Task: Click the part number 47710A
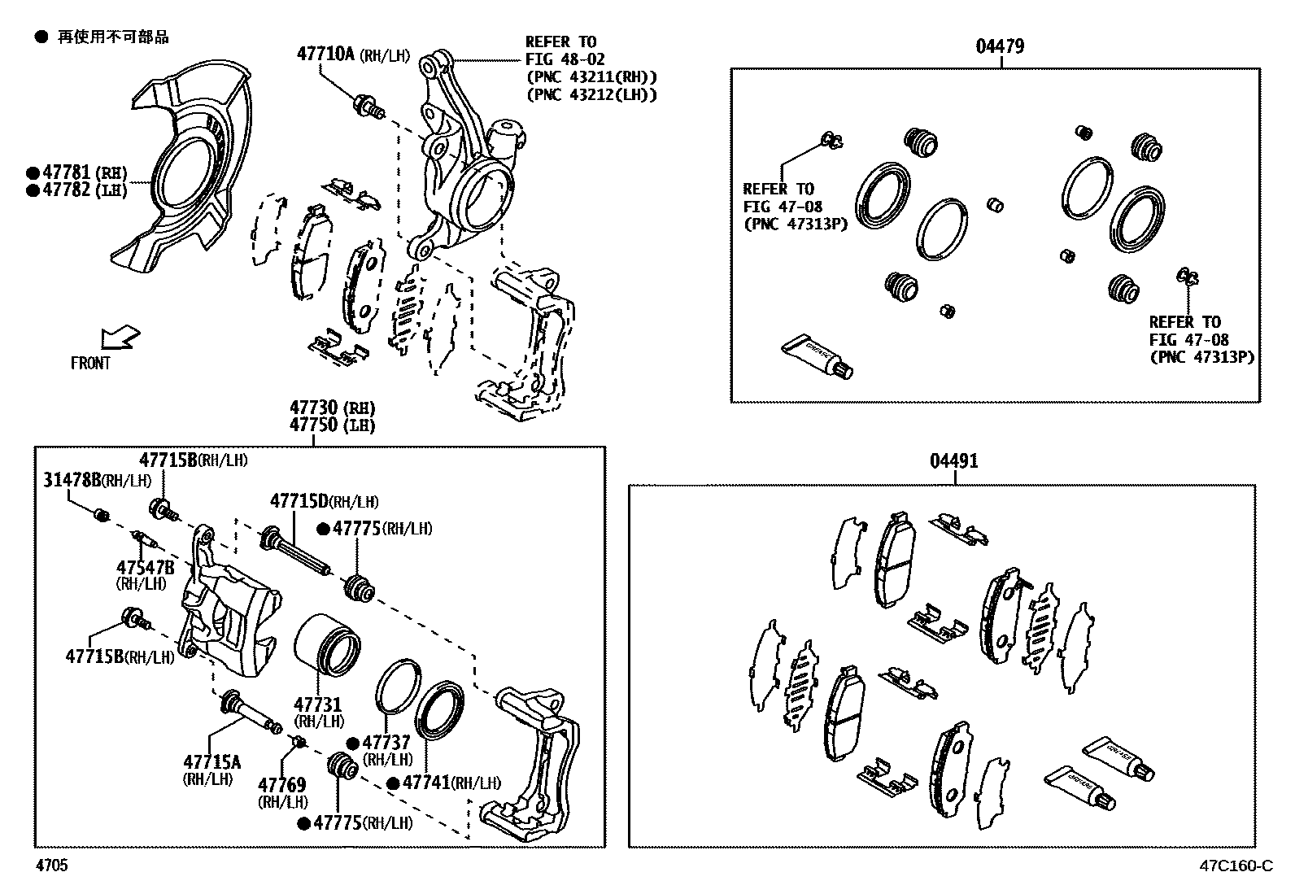tap(325, 55)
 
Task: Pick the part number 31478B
tap(72, 480)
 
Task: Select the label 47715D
tap(299, 501)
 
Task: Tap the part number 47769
tap(281, 785)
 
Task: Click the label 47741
tap(426, 783)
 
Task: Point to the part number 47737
tap(386, 743)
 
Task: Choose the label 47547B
tap(145, 567)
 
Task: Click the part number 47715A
tap(211, 762)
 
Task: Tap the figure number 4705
tap(50, 866)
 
